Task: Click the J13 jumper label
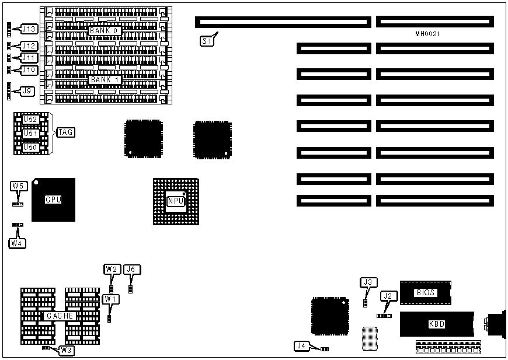[x=29, y=29]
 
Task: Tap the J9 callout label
[x=27, y=91]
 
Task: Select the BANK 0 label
[x=105, y=31]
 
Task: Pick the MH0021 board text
[x=427, y=34]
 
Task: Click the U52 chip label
[x=30, y=119]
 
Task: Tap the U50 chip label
[x=30, y=148]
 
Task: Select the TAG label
[x=65, y=132]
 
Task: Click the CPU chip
[x=53, y=200]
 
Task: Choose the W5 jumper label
[x=18, y=186]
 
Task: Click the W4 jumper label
[x=18, y=243]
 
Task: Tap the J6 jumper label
[x=132, y=270]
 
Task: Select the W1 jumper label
[x=110, y=299]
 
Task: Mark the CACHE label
[x=60, y=316]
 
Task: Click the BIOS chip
[x=425, y=292]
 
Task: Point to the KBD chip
[x=436, y=324]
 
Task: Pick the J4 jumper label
[x=301, y=346]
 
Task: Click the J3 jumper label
[x=367, y=283]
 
